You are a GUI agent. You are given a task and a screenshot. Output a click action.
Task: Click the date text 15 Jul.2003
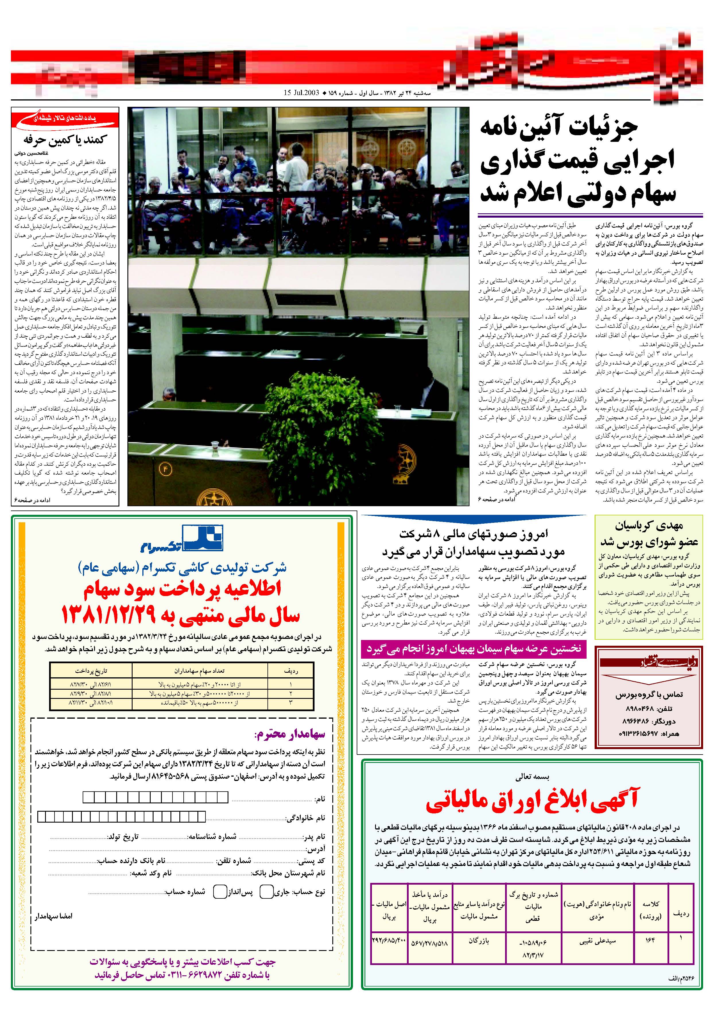pyautogui.click(x=301, y=93)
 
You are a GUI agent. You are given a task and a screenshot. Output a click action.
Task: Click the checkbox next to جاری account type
pyautogui.click(x=266, y=892)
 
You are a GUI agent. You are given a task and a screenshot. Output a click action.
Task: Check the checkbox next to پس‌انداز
pyautogui.click(x=220, y=892)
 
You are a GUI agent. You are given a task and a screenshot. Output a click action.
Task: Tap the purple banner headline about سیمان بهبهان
pyautogui.click(x=474, y=649)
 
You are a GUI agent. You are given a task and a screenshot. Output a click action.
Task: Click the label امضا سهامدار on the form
pyautogui.click(x=54, y=916)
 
